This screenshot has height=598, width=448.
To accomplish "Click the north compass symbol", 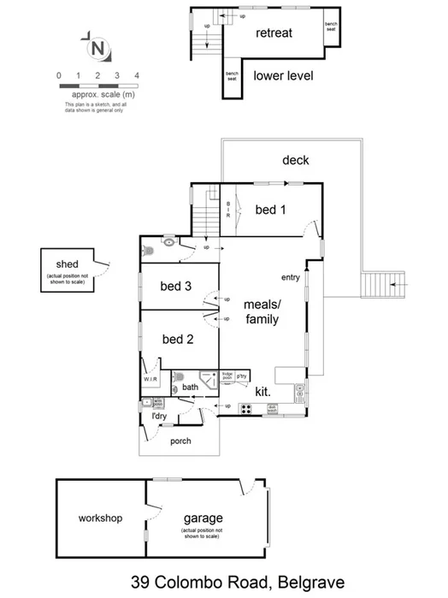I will pos(98,46).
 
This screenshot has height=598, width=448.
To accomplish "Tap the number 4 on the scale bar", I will pos(137,76).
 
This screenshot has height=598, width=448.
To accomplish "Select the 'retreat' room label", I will pos(274,33).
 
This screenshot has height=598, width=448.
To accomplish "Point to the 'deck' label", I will pos(295,160).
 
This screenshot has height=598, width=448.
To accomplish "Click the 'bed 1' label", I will pos(271,209).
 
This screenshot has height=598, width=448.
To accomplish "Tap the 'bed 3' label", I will pos(175,287).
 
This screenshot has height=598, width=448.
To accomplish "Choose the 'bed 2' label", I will pos(178,339).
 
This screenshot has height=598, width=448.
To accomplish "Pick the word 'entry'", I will pos(291,277).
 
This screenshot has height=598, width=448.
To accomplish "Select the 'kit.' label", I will pos(263,391).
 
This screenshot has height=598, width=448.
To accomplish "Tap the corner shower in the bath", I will pos(206,382).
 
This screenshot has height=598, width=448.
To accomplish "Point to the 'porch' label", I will pos(180,441).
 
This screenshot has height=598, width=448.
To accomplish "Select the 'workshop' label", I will pos(101,518).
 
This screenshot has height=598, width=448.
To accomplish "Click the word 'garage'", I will pos(203,518).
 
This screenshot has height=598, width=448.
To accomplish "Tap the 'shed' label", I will pos(68,264).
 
